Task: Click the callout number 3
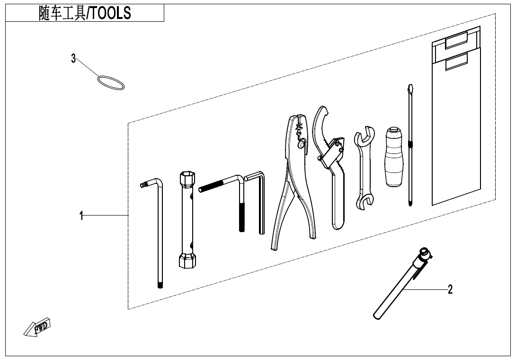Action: [73, 58]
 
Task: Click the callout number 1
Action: [81, 216]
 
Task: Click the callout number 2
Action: [450, 289]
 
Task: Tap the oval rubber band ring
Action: [111, 83]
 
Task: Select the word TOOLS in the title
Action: [111, 14]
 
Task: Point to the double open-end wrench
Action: [364, 168]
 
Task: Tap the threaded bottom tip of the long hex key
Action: [160, 285]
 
